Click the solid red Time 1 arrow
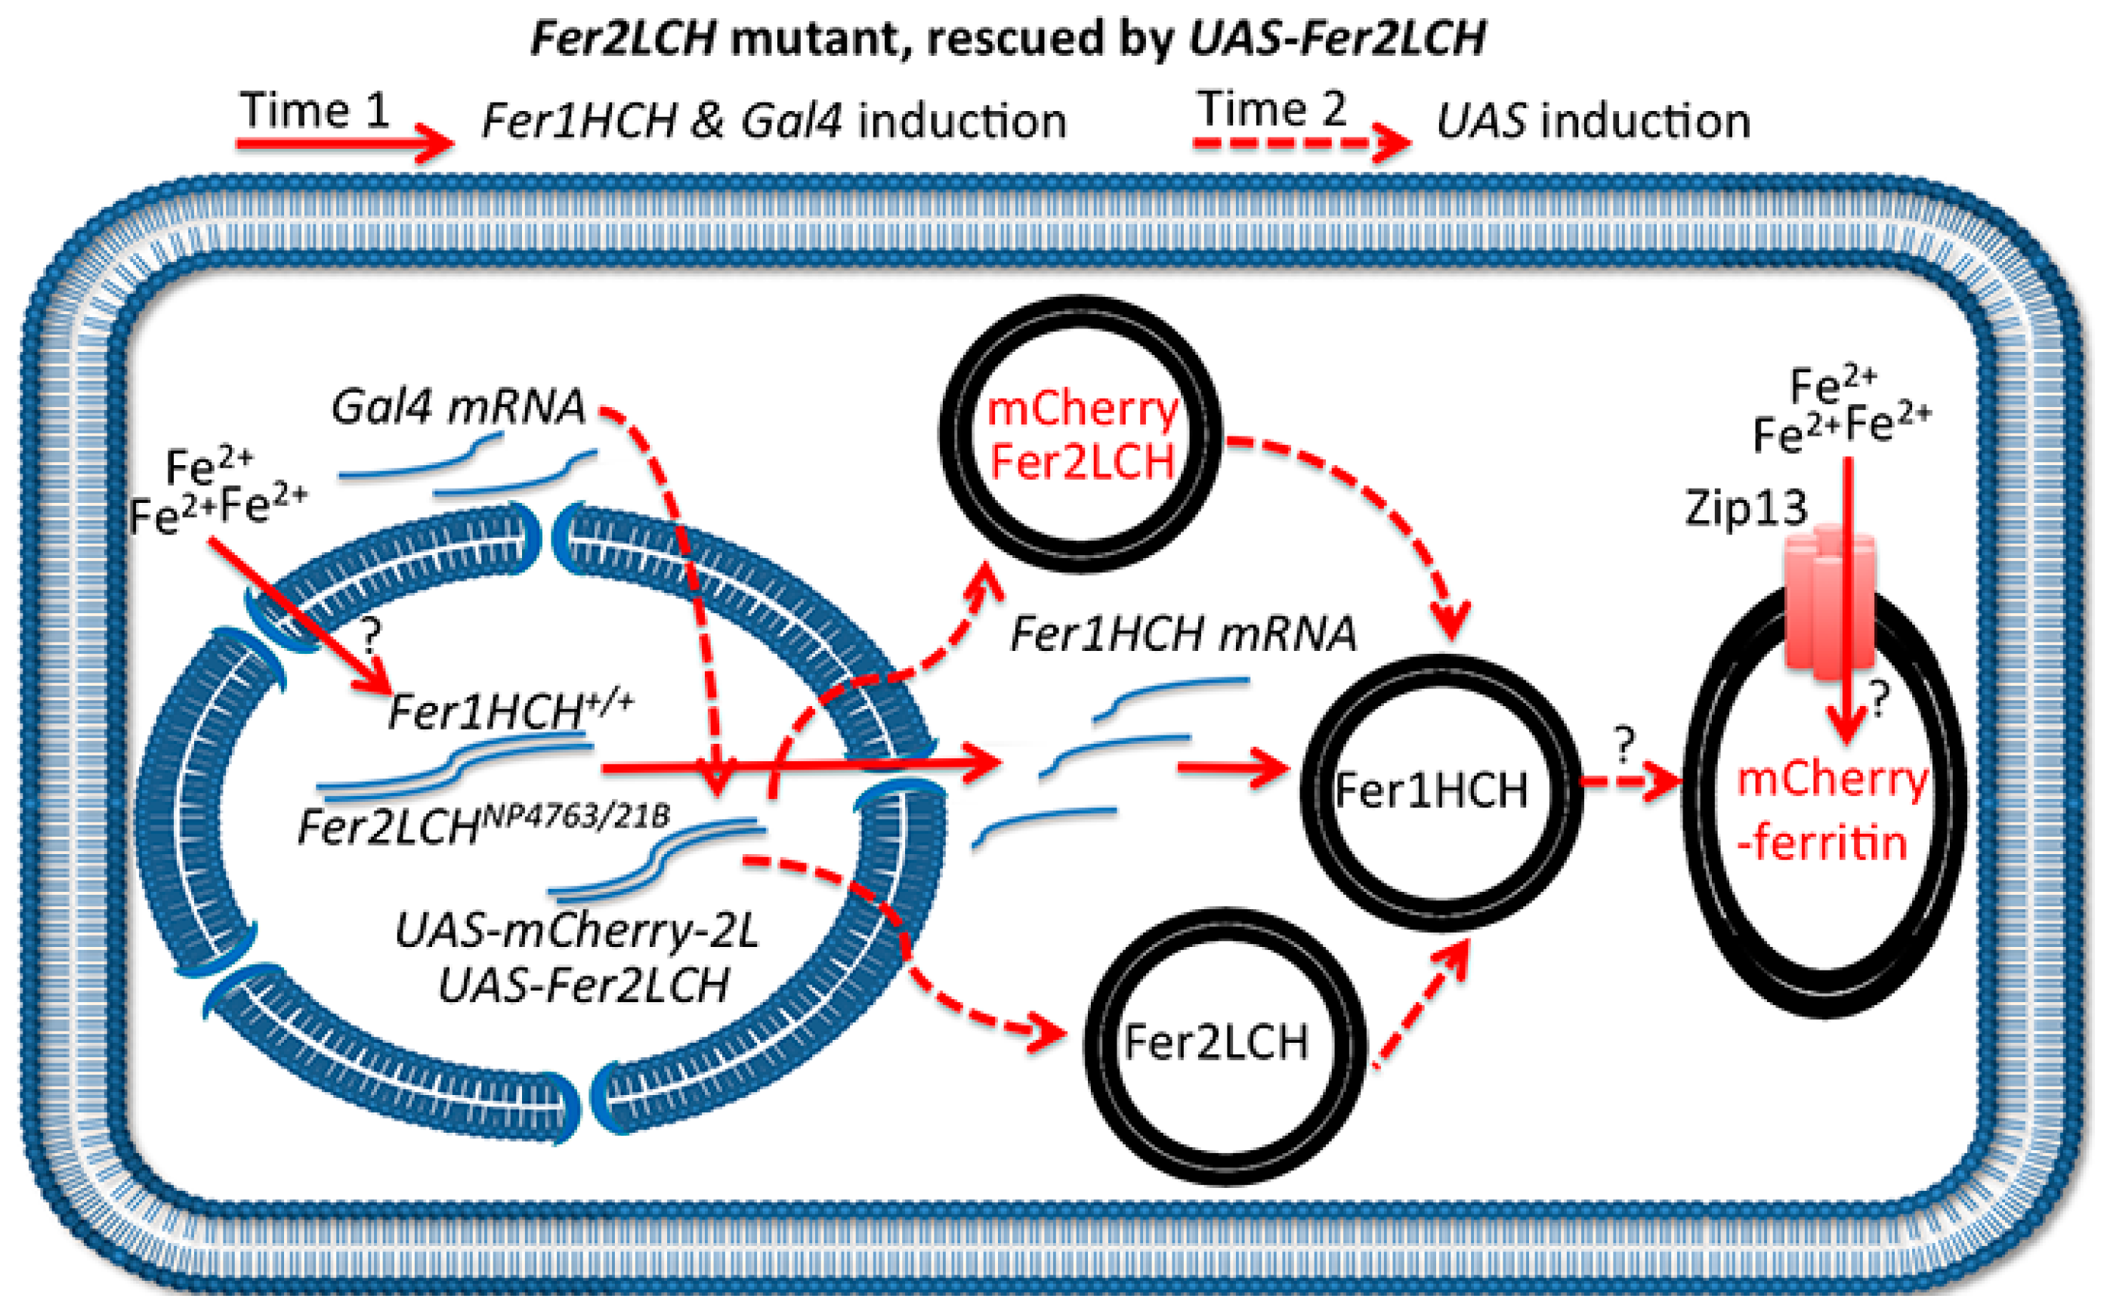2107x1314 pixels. click(343, 143)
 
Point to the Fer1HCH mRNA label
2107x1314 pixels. click(1182, 634)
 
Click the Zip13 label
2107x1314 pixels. click(1745, 507)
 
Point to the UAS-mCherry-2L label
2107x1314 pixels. click(577, 930)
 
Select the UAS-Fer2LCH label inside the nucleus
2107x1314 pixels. click(583, 985)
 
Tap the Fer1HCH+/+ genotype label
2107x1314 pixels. click(509, 711)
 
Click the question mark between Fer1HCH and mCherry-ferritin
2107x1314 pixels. click(1624, 744)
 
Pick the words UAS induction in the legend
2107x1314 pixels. click(1593, 121)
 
